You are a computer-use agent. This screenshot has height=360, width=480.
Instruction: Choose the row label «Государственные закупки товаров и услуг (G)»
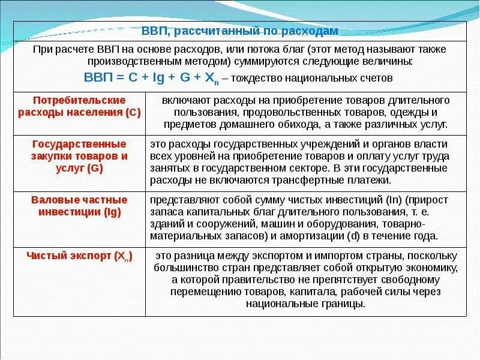pos(79,156)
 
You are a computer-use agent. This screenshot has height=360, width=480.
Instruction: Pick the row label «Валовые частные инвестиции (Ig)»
pos(79,205)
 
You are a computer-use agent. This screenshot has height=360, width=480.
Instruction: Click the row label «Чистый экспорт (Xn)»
pos(79,256)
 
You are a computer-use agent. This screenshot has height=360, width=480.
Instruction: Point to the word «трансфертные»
pos(307,179)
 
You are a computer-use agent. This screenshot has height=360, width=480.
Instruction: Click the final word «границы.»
pos(343,304)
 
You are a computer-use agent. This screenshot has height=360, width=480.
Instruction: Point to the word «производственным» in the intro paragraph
pos(124,62)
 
